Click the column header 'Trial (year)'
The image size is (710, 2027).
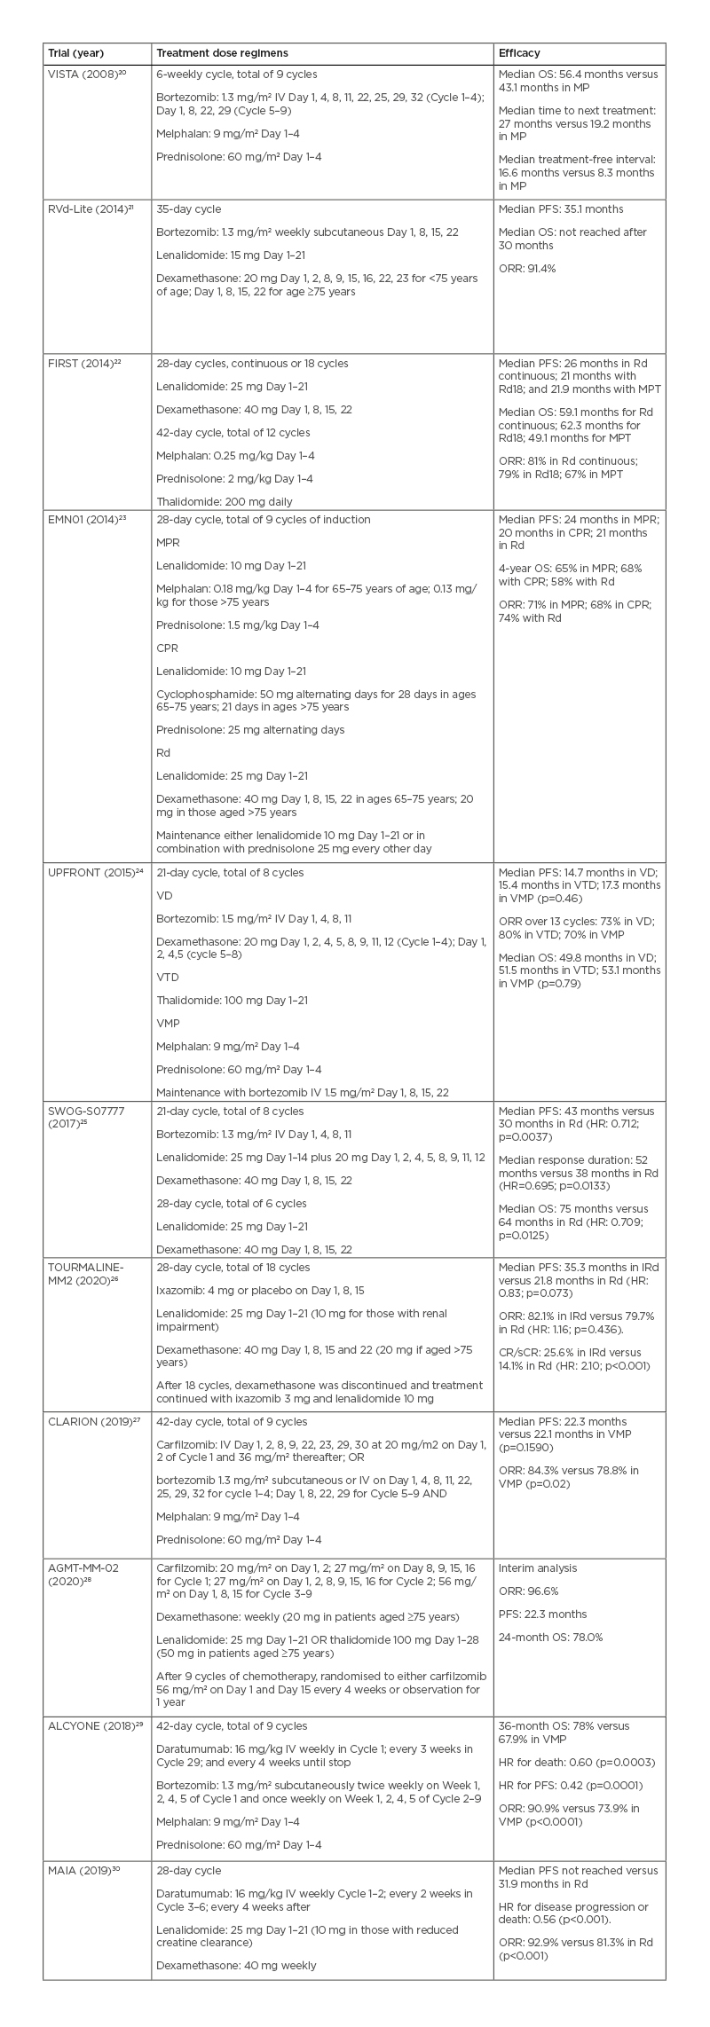pyautogui.click(x=76, y=53)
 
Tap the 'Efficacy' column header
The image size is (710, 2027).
pyautogui.click(x=519, y=53)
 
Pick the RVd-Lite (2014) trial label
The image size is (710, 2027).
pyautogui.click(x=91, y=209)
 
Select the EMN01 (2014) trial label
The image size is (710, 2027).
pyautogui.click(x=87, y=519)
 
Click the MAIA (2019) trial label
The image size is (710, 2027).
pyautogui.click(x=83, y=1871)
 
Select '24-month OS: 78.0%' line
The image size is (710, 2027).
pyautogui.click(x=550, y=1638)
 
